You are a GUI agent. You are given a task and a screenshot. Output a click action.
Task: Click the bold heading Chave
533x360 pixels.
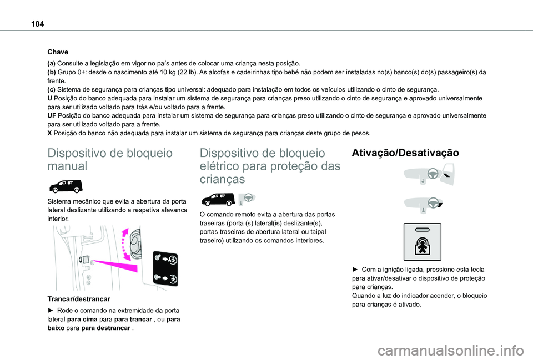pyautogui.click(x=58, y=52)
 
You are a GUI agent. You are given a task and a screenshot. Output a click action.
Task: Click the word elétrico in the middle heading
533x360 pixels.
pyautogui.click(x=220, y=166)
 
